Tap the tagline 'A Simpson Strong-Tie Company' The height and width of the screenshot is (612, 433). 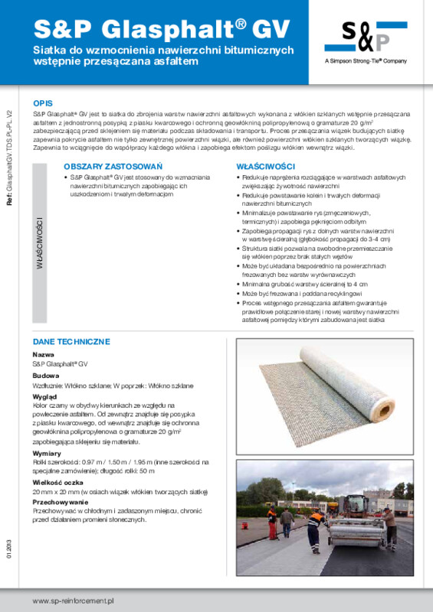tap(366, 60)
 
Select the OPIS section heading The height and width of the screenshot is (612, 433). tap(43, 103)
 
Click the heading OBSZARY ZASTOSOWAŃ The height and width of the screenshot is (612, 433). tap(102, 166)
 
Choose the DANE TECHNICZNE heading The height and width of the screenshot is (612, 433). tap(71, 341)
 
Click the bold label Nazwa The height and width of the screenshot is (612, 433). tap(43, 355)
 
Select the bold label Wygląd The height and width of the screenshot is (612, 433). tap(44, 398)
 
